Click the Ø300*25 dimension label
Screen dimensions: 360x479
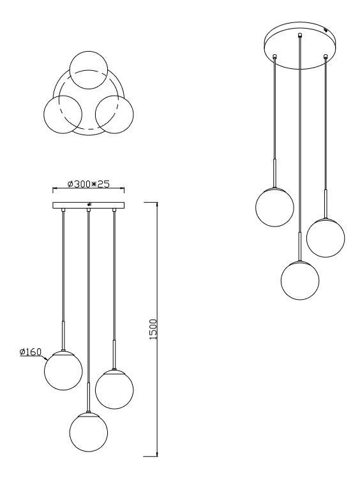[x=88, y=184]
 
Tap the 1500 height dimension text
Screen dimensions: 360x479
[x=153, y=329]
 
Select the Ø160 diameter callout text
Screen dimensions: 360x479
[x=30, y=352]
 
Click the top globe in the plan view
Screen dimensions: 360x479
[x=88, y=70]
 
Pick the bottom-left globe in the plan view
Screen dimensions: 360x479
[x=63, y=114]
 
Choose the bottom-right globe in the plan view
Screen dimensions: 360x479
[x=114, y=114]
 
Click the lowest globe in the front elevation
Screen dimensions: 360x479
[x=88, y=432]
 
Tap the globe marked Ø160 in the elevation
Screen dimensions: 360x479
[x=63, y=371]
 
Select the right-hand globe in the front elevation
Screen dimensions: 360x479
[x=114, y=390]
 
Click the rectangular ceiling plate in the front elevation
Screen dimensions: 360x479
[x=89, y=205]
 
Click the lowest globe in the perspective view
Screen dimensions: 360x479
[x=300, y=280]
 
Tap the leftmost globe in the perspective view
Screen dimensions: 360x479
[x=274, y=207]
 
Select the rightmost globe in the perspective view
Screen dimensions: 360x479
[x=326, y=238]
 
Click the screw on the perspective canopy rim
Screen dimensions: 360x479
[x=326, y=30]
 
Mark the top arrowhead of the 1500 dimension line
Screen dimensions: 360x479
[x=157, y=204]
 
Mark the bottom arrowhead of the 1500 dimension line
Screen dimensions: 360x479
[x=157, y=454]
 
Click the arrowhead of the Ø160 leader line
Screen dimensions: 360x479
[x=45, y=358]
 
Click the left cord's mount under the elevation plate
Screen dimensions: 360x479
[x=63, y=210]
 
